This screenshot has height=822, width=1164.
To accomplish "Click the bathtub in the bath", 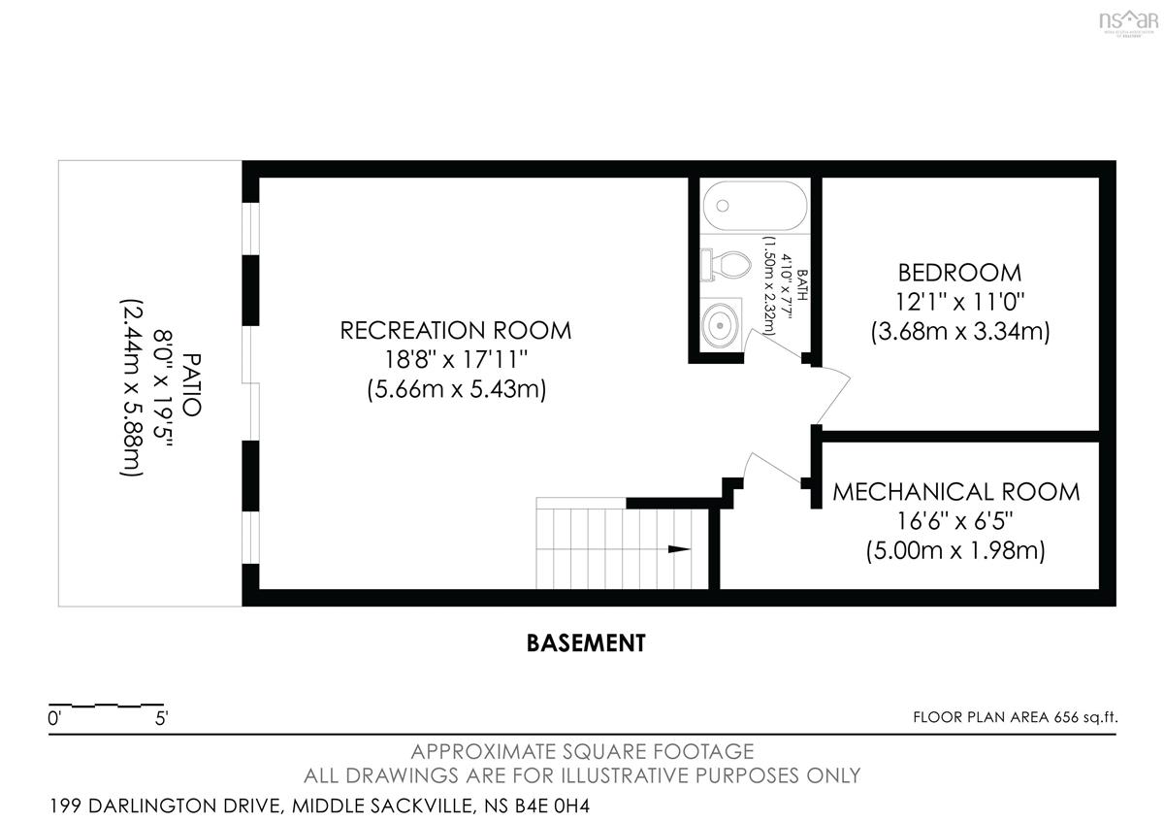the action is [x=755, y=206].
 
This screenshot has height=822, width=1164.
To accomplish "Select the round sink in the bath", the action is [x=720, y=325].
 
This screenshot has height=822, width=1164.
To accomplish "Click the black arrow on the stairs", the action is [x=679, y=549].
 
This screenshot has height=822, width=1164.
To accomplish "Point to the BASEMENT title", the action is [x=586, y=643].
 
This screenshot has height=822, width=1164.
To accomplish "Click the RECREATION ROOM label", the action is [x=455, y=331].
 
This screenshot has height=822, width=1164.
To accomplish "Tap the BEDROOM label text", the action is [x=959, y=273].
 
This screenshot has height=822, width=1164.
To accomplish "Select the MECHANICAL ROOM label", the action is [x=956, y=492].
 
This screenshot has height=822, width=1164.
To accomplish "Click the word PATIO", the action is [x=192, y=384].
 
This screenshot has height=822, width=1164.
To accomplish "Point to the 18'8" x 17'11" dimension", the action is [x=456, y=359].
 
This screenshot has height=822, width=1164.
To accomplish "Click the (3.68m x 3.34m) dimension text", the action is [x=960, y=331].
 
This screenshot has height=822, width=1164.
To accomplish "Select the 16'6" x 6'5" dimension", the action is [x=955, y=520].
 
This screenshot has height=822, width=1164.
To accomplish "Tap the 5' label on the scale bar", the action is [x=161, y=718].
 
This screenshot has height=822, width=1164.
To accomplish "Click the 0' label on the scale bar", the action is [x=54, y=718].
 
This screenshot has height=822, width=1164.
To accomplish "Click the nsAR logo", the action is [x=1129, y=23].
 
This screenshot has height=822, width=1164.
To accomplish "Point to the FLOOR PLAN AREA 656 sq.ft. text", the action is [x=1016, y=717].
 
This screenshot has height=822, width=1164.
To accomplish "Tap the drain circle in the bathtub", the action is [x=723, y=206].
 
